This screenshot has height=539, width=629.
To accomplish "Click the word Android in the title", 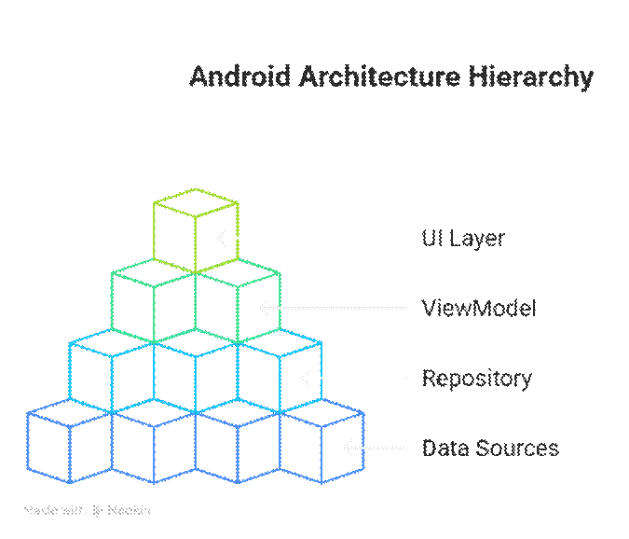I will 240,76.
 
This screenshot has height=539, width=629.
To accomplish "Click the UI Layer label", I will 463,238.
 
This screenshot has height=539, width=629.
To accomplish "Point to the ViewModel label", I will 479,308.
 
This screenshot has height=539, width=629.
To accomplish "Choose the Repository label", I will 477,379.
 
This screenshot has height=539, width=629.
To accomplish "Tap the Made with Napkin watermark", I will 87,511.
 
